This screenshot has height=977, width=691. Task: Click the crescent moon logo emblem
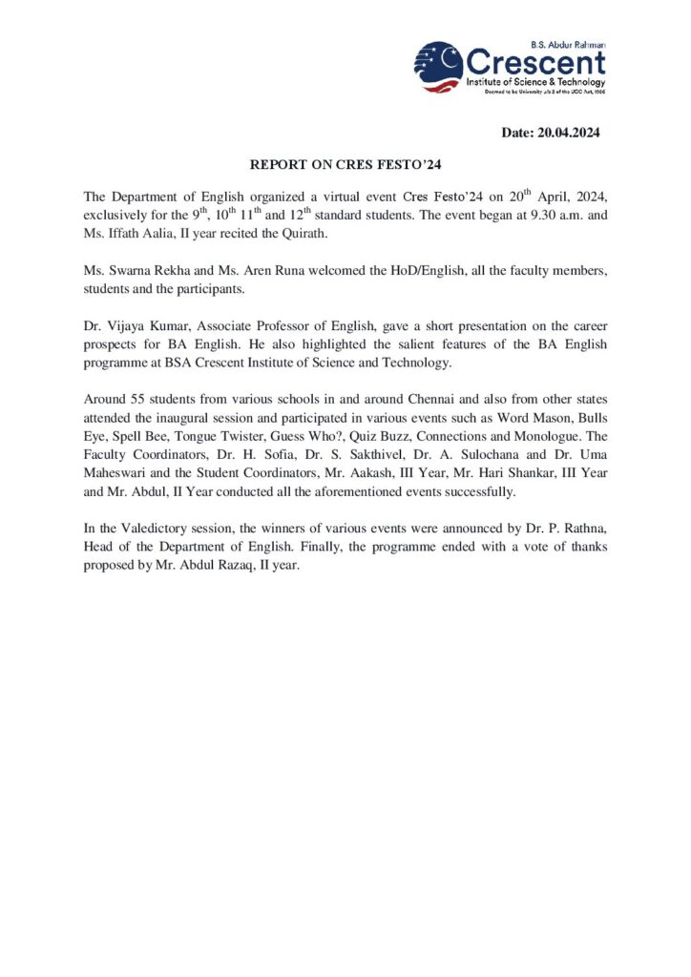pos(438,66)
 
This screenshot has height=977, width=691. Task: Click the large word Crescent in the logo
pos(535,64)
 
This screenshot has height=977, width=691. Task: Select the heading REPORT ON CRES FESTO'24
pos(345,164)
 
